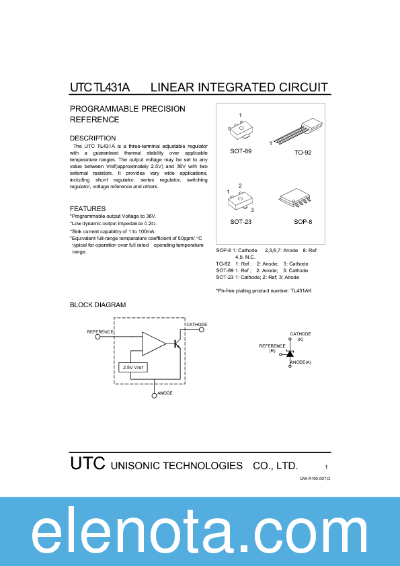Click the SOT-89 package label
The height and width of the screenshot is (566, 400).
241,151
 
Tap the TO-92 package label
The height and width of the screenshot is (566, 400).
303,153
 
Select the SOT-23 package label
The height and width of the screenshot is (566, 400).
241,222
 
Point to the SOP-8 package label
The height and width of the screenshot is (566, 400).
303,222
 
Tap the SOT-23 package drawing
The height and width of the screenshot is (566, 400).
241,200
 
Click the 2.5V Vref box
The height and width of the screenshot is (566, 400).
133,367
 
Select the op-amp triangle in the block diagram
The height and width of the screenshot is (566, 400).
153,343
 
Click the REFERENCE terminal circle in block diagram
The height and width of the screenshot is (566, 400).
97,337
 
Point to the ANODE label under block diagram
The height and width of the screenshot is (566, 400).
164,393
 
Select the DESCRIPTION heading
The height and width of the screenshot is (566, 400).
93,138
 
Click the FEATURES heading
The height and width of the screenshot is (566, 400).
87,208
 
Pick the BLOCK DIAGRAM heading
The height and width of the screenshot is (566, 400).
97,305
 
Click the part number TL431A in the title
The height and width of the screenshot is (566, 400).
111,87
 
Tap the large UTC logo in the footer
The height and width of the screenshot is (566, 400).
87,464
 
